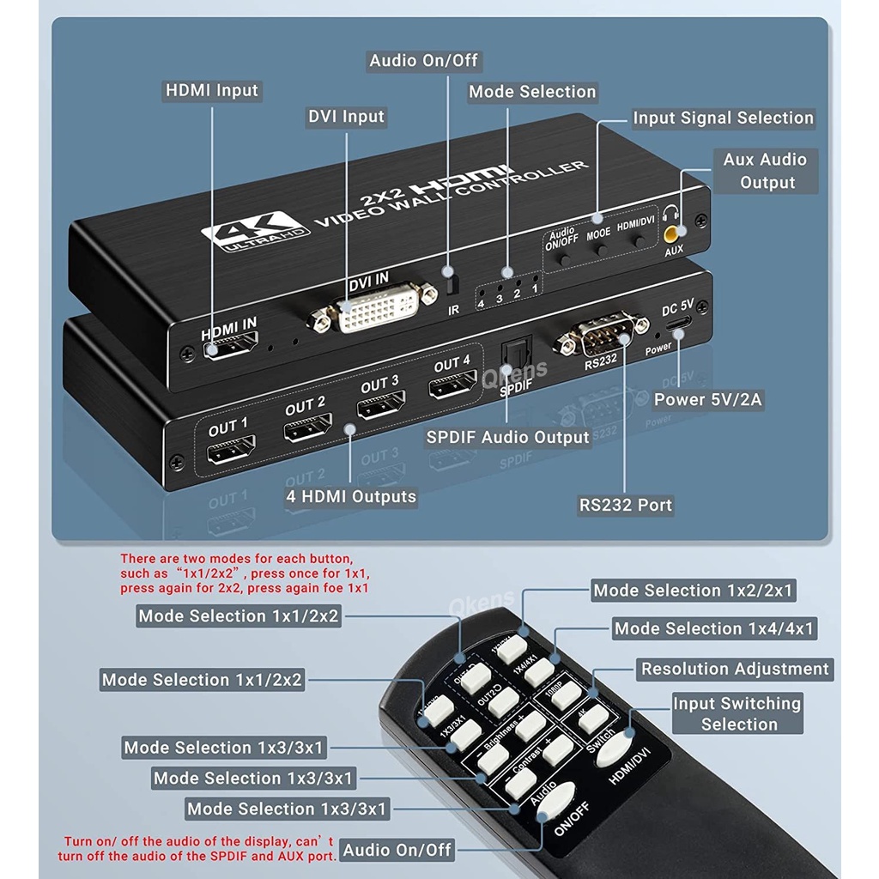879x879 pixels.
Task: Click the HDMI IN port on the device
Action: click(x=231, y=349)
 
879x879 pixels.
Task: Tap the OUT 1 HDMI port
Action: click(x=229, y=450)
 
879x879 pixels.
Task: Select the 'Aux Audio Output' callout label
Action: click(x=765, y=171)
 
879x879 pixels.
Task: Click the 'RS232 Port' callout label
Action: click(x=626, y=505)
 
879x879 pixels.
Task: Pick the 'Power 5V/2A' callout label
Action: click(x=707, y=399)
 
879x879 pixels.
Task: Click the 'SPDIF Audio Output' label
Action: click(x=508, y=437)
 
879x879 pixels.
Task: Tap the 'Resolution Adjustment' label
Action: click(x=735, y=669)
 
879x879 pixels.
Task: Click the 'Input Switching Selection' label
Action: click(x=737, y=713)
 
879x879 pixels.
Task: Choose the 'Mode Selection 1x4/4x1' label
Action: click(x=713, y=629)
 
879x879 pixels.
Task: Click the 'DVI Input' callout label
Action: click(x=346, y=117)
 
